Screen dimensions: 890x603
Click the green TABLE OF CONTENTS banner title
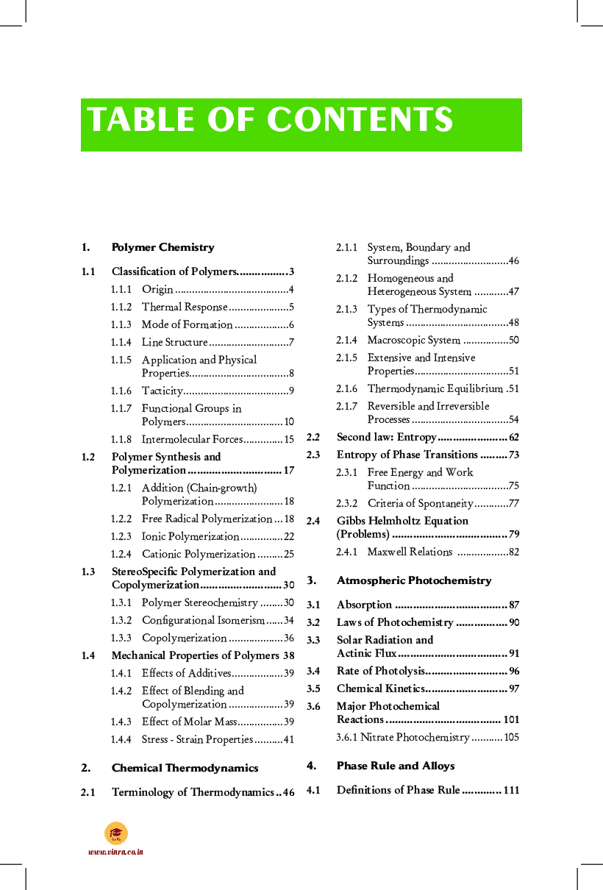click(270, 120)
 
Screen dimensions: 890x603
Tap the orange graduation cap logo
click(116, 833)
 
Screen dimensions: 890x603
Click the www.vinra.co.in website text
click(115, 852)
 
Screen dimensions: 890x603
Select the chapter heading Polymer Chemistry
click(163, 247)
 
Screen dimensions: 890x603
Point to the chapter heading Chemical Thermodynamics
click(185, 768)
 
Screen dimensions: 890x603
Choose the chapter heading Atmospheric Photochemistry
click(413, 580)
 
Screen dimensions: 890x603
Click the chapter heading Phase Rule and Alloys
click(395, 766)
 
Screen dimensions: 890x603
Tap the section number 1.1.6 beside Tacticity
click(121, 391)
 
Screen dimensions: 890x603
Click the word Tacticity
click(162, 391)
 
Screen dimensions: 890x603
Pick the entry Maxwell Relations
click(410, 552)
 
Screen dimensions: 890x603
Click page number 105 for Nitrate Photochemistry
click(511, 737)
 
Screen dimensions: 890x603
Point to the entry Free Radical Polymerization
click(207, 519)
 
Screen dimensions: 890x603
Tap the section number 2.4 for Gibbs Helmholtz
click(313, 521)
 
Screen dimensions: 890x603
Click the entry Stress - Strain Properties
click(197, 739)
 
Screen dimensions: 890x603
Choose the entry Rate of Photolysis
click(380, 671)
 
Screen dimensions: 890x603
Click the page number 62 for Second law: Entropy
click(513, 437)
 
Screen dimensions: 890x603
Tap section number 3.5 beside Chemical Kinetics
click(313, 688)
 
